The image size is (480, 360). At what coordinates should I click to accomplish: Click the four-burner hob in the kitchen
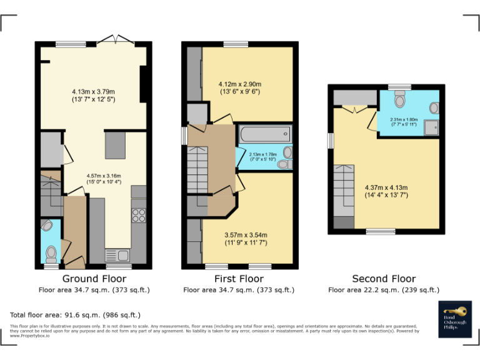click(x=139, y=216)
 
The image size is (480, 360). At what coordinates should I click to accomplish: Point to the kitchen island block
click(x=115, y=144)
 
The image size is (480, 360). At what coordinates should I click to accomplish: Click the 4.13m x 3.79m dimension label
click(x=93, y=95)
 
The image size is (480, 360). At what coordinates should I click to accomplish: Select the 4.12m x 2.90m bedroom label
click(x=239, y=88)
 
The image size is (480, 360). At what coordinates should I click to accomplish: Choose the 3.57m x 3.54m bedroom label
click(x=246, y=238)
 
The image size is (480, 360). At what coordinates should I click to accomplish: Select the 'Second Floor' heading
click(x=384, y=279)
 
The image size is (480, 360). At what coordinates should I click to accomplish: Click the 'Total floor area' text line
click(x=76, y=315)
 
